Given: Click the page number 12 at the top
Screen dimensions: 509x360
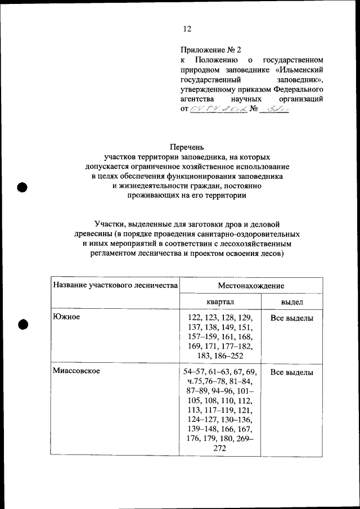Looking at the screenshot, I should tap(187, 29).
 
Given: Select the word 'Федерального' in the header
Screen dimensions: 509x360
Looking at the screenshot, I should tap(298, 89).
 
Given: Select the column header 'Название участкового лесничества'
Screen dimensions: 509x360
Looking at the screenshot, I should tap(115, 286).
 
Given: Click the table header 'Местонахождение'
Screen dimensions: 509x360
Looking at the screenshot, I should tap(251, 286).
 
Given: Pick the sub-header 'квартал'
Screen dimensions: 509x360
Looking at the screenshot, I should tap(220, 302).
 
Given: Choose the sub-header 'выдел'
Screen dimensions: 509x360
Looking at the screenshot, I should tap(292, 302).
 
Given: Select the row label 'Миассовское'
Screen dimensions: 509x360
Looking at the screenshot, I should tap(76, 372).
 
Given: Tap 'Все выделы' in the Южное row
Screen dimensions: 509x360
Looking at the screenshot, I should tap(292, 318).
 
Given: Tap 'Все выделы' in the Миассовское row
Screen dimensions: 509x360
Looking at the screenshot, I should tap(292, 372).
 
